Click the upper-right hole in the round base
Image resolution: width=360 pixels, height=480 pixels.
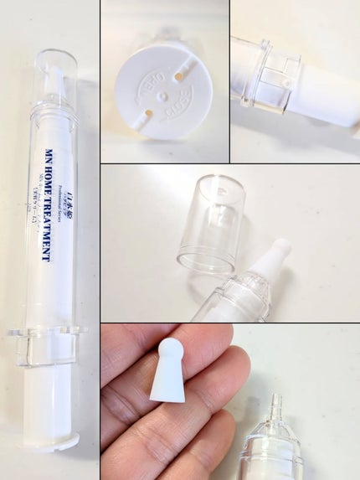point(179,76)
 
